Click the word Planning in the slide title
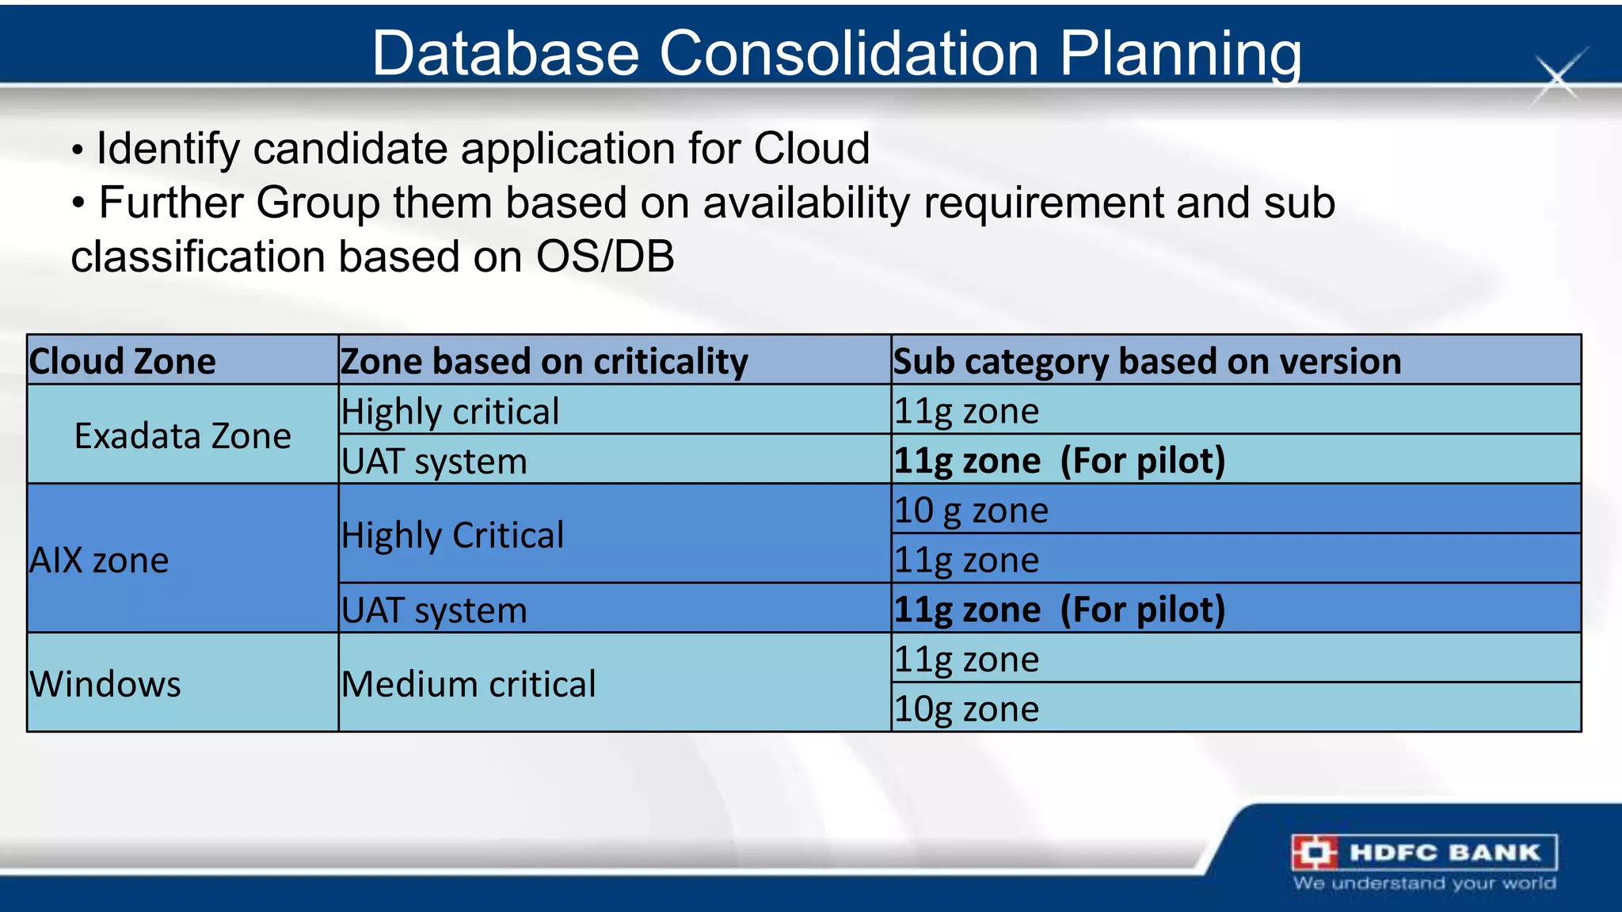click(1180, 54)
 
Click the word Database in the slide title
click(505, 54)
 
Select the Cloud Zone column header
click(123, 361)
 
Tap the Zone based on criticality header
click(544, 361)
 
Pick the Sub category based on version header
click(1147, 361)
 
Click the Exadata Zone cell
click(183, 435)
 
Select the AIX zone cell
click(100, 560)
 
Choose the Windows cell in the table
click(106, 683)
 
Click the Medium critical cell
click(469, 683)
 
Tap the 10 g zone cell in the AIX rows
click(972, 510)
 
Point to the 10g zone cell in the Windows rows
click(966, 709)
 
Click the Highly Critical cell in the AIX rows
click(453, 535)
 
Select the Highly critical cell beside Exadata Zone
click(450, 411)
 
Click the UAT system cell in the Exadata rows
click(434, 461)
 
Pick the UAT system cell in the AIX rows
click(434, 610)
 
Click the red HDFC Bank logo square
click(1315, 853)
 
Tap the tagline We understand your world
click(1424, 883)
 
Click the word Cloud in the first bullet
click(811, 148)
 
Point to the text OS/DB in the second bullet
click(605, 256)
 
